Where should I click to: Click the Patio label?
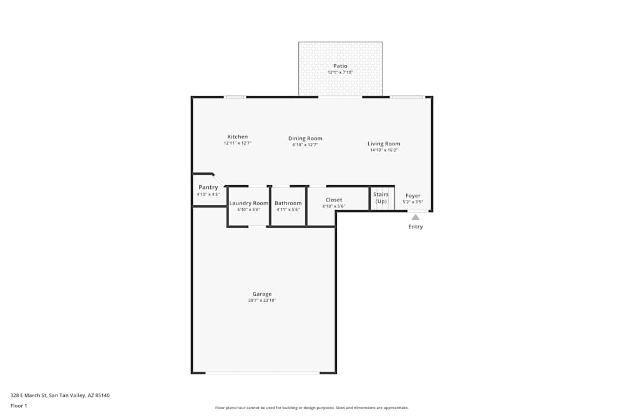click(x=340, y=65)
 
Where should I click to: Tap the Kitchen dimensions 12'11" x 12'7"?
click(x=237, y=143)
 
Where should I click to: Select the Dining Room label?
click(x=305, y=138)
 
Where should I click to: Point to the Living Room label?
click(x=384, y=143)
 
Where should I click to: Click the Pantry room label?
click(x=208, y=187)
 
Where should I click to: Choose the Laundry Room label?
click(x=248, y=203)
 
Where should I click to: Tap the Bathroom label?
click(x=288, y=203)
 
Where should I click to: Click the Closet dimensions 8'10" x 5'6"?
click(x=334, y=206)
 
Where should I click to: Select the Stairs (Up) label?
click(x=381, y=198)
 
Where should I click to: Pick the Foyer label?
click(x=413, y=196)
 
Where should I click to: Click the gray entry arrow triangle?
click(x=416, y=217)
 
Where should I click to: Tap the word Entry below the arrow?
click(x=416, y=227)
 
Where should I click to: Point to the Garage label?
click(x=262, y=294)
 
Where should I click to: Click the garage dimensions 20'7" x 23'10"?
click(x=262, y=301)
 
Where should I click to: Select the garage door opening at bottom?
click(x=263, y=373)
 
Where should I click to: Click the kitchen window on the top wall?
click(x=235, y=97)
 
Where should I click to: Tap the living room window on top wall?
click(x=407, y=97)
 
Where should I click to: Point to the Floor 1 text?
click(x=19, y=405)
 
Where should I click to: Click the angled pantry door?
click(x=219, y=180)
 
